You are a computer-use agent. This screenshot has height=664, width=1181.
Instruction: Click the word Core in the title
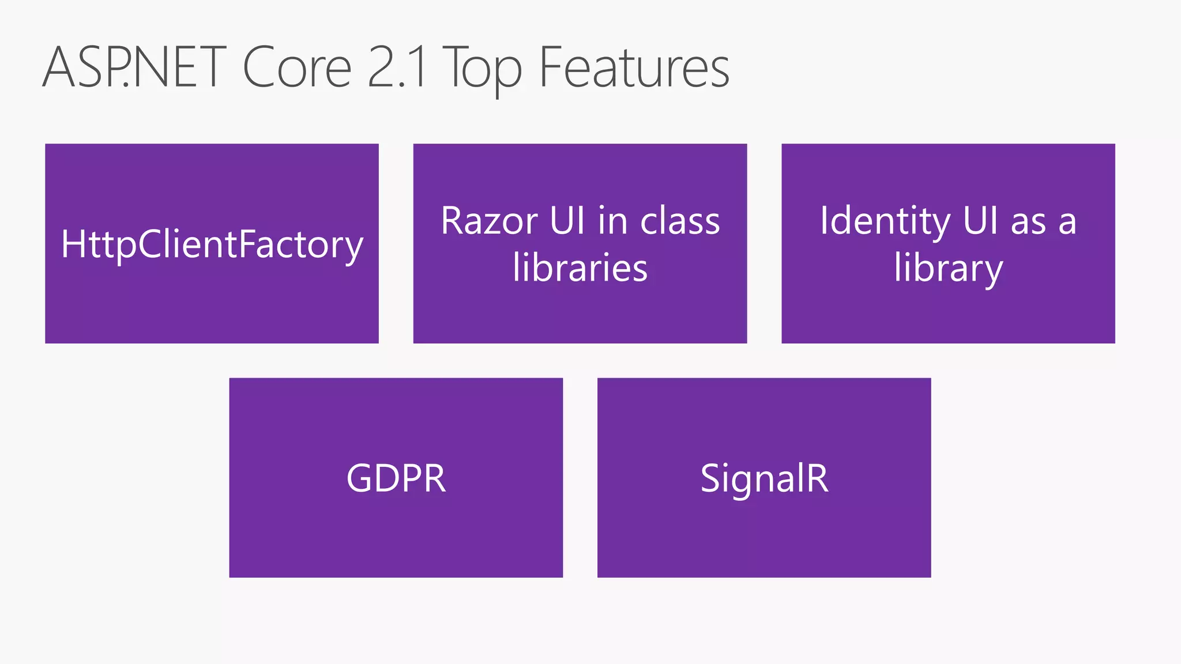pos(297,68)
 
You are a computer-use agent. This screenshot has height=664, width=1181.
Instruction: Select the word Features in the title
pos(634,68)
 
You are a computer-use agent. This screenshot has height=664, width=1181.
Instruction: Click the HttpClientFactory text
pos(212,244)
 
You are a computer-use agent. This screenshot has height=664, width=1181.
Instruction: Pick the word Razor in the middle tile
pos(490,221)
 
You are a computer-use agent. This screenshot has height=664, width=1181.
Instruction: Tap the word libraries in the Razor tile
pos(580,268)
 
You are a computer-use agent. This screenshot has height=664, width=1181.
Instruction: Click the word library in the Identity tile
pos(949,269)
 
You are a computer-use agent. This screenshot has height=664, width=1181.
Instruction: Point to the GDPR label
pos(396,478)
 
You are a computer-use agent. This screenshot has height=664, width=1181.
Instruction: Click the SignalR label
pos(764,478)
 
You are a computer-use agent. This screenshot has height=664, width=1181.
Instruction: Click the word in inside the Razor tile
pos(612,221)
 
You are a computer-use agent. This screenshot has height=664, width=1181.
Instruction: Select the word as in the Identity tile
pos(1028,222)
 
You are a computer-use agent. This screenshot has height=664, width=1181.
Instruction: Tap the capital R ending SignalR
pos(817,478)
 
